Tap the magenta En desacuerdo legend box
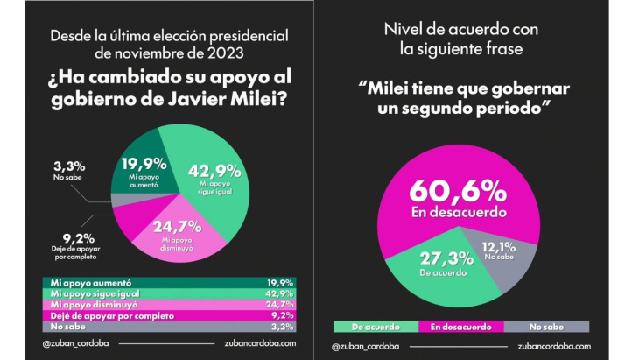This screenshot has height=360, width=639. pos(461,326)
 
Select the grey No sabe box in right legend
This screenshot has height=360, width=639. pos(546,326)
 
